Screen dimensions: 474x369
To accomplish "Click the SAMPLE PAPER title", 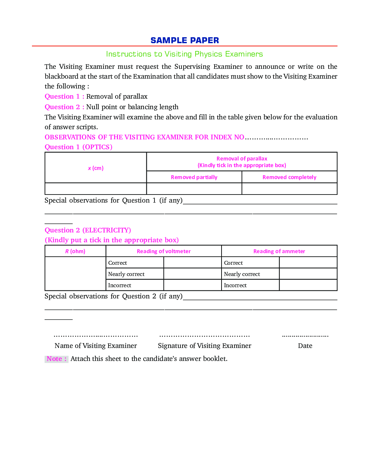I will point(185,40).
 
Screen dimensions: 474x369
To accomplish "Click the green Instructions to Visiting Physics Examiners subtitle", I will point(184,54).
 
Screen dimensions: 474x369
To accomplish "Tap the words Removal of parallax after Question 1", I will point(117,97).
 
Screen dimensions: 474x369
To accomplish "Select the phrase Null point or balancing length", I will point(132,107).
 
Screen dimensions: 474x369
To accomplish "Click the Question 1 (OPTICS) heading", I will point(78,147).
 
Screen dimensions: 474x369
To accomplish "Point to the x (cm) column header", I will point(95,168).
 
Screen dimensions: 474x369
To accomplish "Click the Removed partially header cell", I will point(194,177).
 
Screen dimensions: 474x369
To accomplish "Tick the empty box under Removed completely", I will point(289,189).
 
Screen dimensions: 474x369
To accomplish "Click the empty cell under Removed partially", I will point(194,189).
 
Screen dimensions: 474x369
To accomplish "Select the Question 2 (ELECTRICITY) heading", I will point(87,230).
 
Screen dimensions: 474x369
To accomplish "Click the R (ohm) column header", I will point(75,251).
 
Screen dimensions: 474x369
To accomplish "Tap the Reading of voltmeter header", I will point(164,251).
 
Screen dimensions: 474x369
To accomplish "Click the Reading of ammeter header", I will point(279,251).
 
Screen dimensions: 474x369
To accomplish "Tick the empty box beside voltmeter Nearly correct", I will point(192,274).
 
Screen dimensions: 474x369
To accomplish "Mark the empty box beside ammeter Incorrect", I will point(308,285).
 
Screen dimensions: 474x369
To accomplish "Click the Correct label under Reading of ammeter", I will point(233,263).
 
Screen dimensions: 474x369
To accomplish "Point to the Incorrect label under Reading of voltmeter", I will point(120,285).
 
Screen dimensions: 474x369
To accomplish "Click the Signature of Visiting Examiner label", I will point(204,346).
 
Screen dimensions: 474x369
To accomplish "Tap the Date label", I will point(305,346).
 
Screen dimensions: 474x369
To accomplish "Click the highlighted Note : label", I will point(56,359).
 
